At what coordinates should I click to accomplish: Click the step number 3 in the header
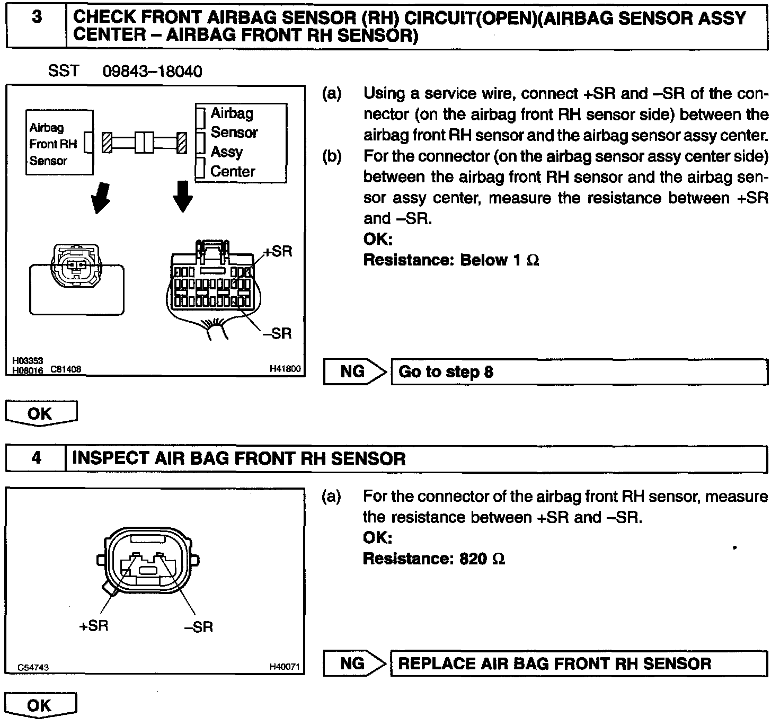click(x=36, y=17)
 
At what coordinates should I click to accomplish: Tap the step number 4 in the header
click(x=36, y=457)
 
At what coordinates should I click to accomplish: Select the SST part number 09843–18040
click(x=152, y=71)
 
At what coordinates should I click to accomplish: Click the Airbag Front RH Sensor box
click(x=59, y=143)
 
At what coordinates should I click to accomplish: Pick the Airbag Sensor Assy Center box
click(x=241, y=143)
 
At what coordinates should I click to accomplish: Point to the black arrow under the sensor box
click(x=100, y=197)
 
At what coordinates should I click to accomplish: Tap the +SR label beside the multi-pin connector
click(x=277, y=251)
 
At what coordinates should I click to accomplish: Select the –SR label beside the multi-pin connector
click(x=277, y=333)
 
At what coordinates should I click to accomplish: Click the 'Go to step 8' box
click(x=579, y=371)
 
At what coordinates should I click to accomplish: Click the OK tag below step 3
click(x=41, y=413)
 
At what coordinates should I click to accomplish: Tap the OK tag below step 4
click(x=41, y=705)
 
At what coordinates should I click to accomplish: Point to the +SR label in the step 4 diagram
click(x=93, y=625)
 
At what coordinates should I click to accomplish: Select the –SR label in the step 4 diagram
click(x=198, y=627)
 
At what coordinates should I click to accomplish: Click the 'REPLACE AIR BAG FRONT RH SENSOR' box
click(x=579, y=663)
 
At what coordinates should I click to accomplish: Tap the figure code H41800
click(x=285, y=368)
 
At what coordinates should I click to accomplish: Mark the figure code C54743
click(x=33, y=667)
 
